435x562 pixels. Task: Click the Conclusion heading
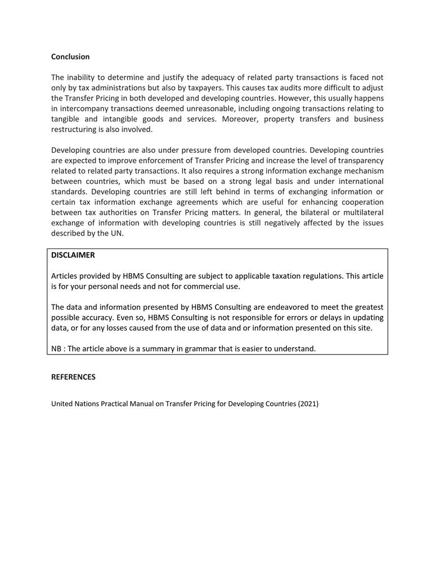pyautogui.click(x=70, y=57)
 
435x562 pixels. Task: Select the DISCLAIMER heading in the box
pyautogui.click(x=73, y=255)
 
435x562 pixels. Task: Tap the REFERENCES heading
pyautogui.click(x=73, y=377)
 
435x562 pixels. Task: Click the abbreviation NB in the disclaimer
pyautogui.click(x=56, y=348)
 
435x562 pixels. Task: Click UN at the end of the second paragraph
pyautogui.click(x=116, y=233)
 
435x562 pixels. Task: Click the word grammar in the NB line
pyautogui.click(x=201, y=348)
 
